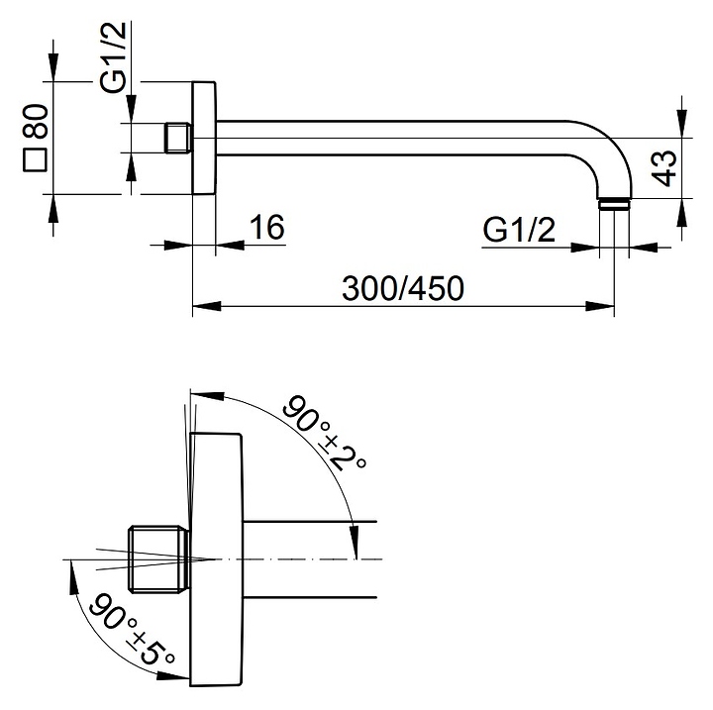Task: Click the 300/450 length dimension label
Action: click(403, 288)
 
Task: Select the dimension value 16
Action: click(267, 227)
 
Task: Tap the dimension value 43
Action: click(664, 168)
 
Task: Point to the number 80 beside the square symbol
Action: click(35, 122)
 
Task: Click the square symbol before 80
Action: click(35, 160)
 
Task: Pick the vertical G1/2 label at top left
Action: click(113, 56)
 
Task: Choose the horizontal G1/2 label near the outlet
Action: click(519, 230)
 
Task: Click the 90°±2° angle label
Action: click(324, 433)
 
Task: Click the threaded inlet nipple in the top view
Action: click(178, 138)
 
